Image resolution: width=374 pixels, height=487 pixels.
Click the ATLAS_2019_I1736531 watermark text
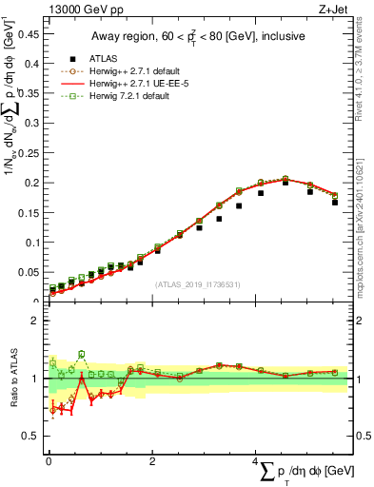198,283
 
